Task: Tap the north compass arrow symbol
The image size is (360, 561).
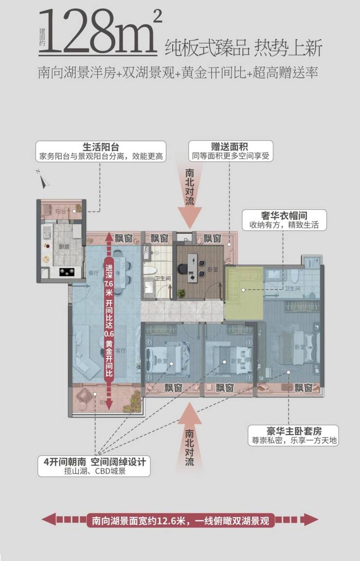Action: (x=44, y=181)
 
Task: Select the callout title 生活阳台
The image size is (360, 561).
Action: (x=101, y=147)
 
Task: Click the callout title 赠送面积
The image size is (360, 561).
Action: (x=231, y=147)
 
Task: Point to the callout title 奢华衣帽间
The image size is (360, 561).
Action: (x=285, y=216)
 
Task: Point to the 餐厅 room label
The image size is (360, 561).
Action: (x=94, y=273)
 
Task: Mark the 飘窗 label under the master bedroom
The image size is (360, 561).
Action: (x=303, y=388)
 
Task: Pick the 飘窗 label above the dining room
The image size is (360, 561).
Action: (x=124, y=238)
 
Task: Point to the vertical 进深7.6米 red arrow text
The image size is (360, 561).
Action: (x=108, y=321)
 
